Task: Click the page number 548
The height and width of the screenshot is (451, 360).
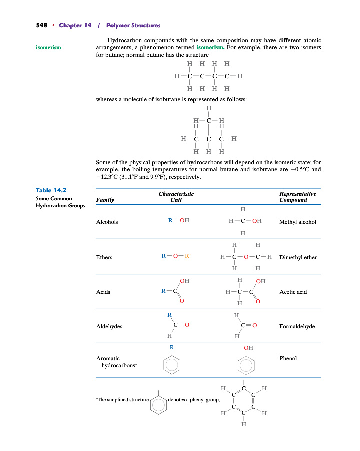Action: coord(41,25)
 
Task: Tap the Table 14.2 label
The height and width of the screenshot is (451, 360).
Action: coord(51,190)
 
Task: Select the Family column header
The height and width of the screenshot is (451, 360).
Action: coord(105,200)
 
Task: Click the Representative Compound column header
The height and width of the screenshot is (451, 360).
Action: coord(297,197)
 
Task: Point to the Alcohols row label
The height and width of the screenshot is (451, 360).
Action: coord(107,222)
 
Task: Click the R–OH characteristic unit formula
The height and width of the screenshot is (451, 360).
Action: coord(178,220)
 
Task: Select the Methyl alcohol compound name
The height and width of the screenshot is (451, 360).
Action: coord(297,222)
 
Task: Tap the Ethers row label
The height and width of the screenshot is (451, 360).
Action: coord(104,257)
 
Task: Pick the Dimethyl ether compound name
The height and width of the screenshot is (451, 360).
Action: coord(298,257)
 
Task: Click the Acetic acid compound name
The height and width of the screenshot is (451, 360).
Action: coord(293,292)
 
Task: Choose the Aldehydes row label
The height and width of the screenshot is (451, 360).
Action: coord(109,326)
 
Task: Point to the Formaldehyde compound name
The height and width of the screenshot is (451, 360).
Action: coord(297,326)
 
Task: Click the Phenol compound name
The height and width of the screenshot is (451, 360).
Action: coord(288,358)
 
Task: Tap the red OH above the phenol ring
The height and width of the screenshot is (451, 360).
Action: coord(248,348)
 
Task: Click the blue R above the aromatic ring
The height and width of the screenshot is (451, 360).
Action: coord(172,347)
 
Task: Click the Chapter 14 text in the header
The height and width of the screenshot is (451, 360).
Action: coord(75,25)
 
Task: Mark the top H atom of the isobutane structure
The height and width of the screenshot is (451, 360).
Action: coord(208,108)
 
